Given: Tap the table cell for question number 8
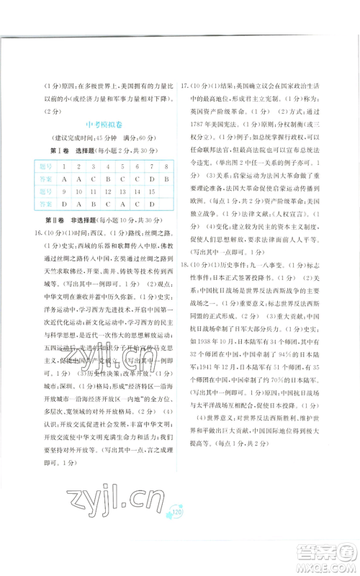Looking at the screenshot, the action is [x=166, y=166].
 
